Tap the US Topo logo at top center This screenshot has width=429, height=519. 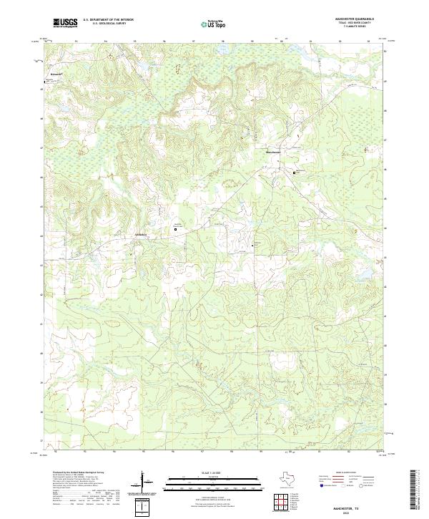tap(214, 24)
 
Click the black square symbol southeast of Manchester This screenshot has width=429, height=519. tap(293, 173)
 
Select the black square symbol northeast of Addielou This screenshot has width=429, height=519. tap(175, 229)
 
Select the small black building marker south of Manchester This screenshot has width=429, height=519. tap(252, 246)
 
